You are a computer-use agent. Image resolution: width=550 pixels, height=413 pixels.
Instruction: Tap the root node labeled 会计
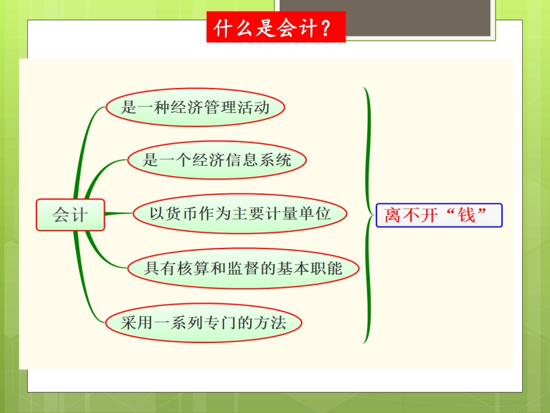click(70, 215)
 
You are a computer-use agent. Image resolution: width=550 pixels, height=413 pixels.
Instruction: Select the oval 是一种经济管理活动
click(196, 107)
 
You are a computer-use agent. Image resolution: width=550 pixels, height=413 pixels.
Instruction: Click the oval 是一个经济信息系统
click(217, 159)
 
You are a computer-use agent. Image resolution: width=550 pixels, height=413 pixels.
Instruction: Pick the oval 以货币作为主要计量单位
click(240, 214)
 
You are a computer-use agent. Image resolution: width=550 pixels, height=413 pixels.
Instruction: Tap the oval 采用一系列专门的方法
click(203, 322)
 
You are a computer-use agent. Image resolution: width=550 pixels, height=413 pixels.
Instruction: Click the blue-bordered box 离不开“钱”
click(439, 215)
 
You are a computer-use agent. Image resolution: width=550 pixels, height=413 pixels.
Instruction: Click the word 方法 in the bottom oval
click(270, 322)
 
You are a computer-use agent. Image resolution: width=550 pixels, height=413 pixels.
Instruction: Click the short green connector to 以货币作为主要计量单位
click(119, 214)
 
